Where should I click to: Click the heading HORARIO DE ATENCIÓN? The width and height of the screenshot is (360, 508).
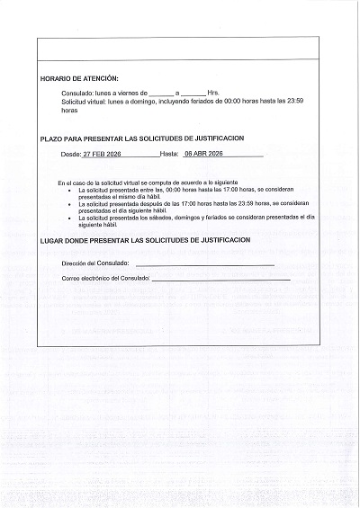pyautogui.click(x=79, y=79)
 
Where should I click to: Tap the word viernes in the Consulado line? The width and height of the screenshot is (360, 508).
pyautogui.click(x=126, y=93)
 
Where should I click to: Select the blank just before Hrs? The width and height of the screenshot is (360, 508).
pyautogui.click(x=193, y=94)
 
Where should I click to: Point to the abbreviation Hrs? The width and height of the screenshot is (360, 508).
pyautogui.click(x=213, y=93)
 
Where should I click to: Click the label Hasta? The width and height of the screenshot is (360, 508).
pyautogui.click(x=169, y=155)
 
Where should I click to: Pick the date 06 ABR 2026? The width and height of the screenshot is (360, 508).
pyautogui.click(x=202, y=155)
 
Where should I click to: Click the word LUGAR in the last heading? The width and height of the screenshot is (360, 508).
pyautogui.click(x=53, y=241)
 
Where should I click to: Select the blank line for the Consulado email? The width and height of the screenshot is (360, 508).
pyautogui.click(x=220, y=280)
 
